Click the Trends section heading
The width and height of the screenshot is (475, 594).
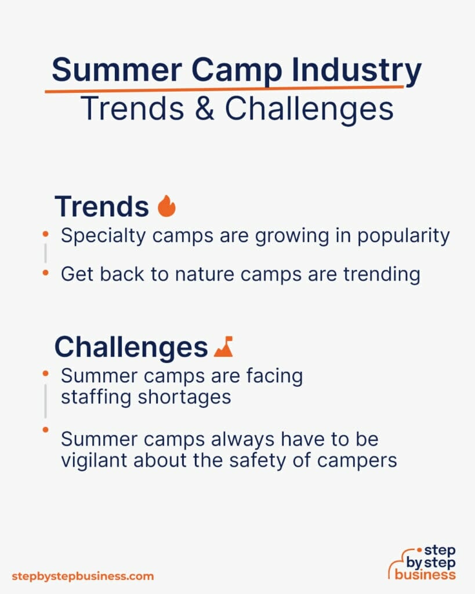[x=101, y=206]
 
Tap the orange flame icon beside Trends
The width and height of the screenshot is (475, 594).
[x=166, y=206]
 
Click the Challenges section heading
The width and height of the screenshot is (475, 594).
[x=130, y=347]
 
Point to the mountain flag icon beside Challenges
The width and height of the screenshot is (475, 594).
[x=223, y=346]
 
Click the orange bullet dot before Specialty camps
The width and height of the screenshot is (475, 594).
[x=45, y=234]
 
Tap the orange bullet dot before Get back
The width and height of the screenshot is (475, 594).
[x=45, y=273]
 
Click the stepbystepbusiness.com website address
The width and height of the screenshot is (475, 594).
[x=83, y=576]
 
